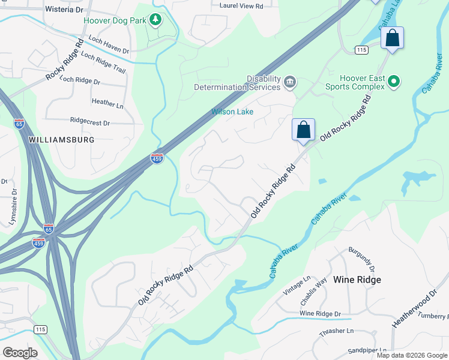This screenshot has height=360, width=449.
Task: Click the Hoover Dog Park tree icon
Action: coord(156,20)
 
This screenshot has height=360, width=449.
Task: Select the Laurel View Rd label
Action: coord(241,6)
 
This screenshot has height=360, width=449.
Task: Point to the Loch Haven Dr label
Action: coord(109,45)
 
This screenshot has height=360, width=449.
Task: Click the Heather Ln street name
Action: coord(107,103)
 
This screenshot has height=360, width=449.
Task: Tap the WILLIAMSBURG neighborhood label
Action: coord(62,139)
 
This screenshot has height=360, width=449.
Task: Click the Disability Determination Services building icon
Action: coord(290,82)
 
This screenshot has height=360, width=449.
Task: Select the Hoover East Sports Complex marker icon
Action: coord(394,81)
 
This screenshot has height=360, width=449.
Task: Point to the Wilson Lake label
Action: coord(232,112)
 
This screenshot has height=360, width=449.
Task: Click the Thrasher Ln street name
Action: coord(337,331)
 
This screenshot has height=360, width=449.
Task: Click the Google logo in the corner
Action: coord(20,352)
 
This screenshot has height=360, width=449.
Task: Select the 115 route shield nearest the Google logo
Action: coord(41,329)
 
